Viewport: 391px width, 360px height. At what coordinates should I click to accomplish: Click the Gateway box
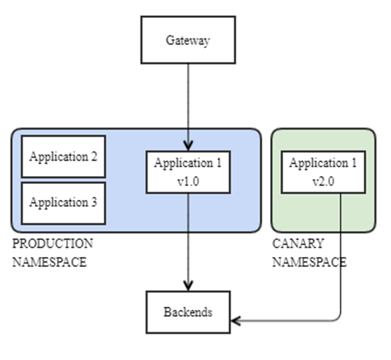click(x=188, y=40)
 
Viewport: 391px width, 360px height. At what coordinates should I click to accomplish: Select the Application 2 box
click(x=64, y=157)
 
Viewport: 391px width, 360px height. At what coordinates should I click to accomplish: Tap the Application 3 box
click(x=64, y=203)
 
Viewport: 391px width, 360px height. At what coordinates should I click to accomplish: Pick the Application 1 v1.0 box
click(x=188, y=171)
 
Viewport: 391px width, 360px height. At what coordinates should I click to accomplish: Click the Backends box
click(x=188, y=312)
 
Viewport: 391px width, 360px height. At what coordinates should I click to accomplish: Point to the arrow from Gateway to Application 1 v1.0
click(x=188, y=100)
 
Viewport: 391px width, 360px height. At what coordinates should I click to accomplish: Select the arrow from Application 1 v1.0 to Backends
click(x=188, y=239)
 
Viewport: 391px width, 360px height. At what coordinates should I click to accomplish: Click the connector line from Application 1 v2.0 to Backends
click(x=340, y=266)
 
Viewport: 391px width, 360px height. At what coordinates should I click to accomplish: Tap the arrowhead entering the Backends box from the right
click(x=235, y=321)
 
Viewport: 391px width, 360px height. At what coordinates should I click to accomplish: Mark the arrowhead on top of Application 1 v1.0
click(x=188, y=145)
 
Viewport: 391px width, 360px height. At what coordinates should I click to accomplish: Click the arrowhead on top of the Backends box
click(x=188, y=286)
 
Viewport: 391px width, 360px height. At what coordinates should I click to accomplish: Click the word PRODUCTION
click(x=53, y=244)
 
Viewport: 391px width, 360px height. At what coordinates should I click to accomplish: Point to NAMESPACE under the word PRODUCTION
click(x=49, y=262)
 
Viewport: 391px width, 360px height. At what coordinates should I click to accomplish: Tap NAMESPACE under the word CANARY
click(x=309, y=262)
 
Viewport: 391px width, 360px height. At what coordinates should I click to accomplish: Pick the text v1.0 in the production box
click(x=188, y=180)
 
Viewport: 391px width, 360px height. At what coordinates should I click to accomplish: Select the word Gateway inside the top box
click(x=188, y=40)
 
